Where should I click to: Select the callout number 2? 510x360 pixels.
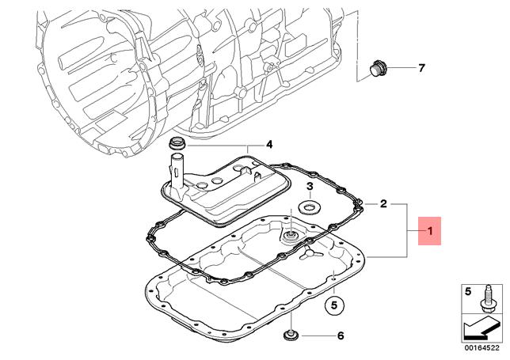coord(382,203)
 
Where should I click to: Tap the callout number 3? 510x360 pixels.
coord(310,186)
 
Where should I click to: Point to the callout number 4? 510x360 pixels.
coord(268,145)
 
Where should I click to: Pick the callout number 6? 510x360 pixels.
coord(340,335)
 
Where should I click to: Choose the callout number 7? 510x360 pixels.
coord(421,68)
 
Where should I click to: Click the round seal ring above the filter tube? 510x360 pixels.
coord(179,143)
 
